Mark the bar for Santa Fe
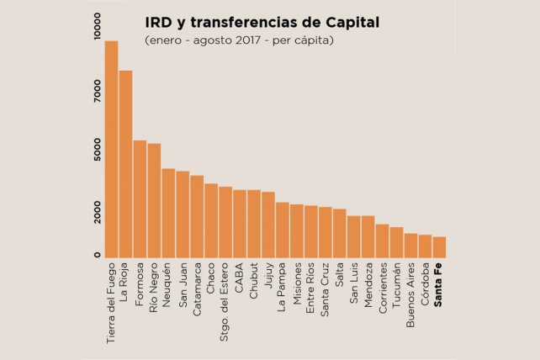point(439,248)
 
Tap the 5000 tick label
point(98,149)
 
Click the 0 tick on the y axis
point(98,255)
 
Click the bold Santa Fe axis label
point(439,287)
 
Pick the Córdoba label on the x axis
point(425,288)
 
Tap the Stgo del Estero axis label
point(225,298)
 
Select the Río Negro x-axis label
point(154,290)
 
